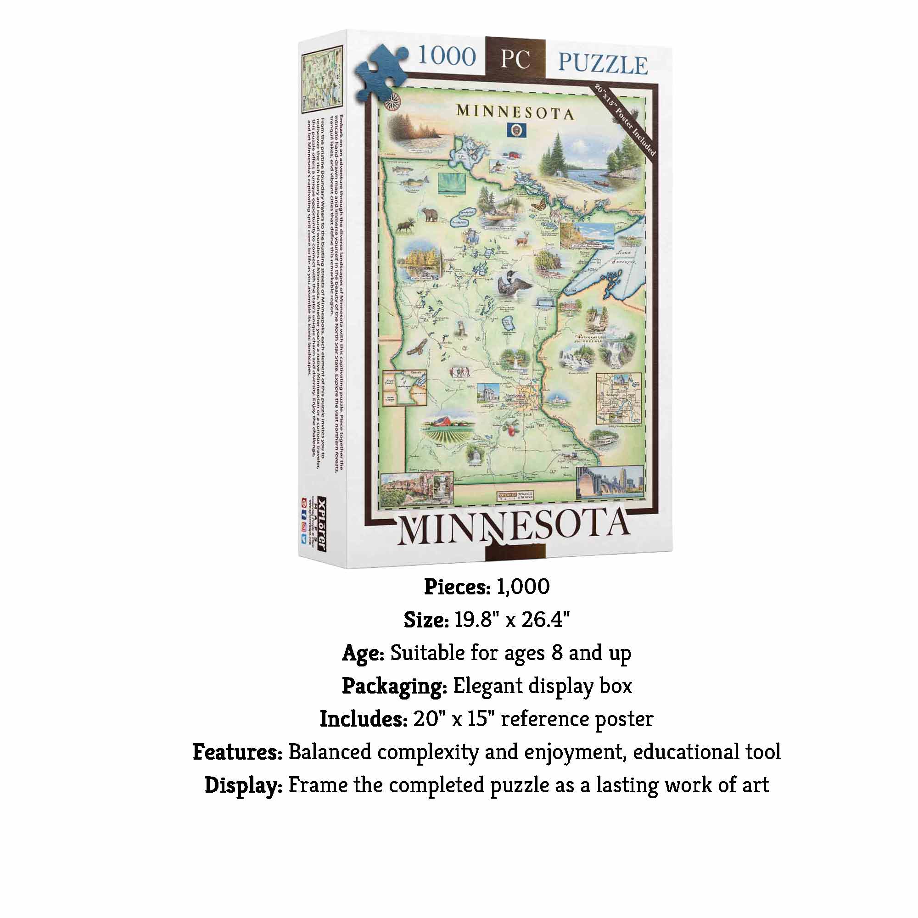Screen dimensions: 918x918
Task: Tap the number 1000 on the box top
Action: pyautogui.click(x=446, y=57)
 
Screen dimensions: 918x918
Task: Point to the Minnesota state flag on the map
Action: pyautogui.click(x=514, y=130)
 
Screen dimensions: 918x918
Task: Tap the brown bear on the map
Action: pyautogui.click(x=431, y=215)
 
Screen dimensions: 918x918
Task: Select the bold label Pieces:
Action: pyautogui.click(x=457, y=588)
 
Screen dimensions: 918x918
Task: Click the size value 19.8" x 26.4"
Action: pyautogui.click(x=512, y=620)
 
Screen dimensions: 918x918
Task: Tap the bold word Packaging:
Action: pyautogui.click(x=394, y=686)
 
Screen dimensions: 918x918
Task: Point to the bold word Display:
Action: pyautogui.click(x=244, y=785)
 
